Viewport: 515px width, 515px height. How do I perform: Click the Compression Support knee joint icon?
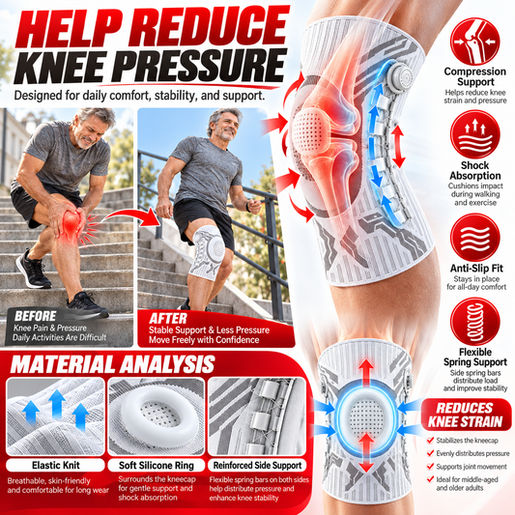(x=474, y=42)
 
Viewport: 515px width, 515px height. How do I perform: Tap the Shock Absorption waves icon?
(x=475, y=134)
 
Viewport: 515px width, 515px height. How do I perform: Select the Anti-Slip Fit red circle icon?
(x=475, y=238)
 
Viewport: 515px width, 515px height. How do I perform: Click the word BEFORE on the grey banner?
(x=35, y=316)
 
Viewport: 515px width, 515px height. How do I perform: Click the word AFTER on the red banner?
(x=168, y=319)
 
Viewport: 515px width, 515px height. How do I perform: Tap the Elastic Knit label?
(x=55, y=465)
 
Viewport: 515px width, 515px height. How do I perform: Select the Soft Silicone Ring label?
(x=157, y=465)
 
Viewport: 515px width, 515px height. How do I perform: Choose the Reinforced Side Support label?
(x=257, y=465)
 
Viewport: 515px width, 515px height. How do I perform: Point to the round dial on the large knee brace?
(x=399, y=78)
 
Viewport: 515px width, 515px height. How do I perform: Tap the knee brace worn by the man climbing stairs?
(x=208, y=253)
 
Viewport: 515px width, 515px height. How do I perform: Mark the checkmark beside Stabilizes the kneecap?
(x=430, y=440)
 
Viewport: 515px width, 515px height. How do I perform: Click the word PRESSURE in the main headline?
(x=201, y=66)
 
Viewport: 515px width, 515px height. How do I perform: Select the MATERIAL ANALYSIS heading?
(x=113, y=364)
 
